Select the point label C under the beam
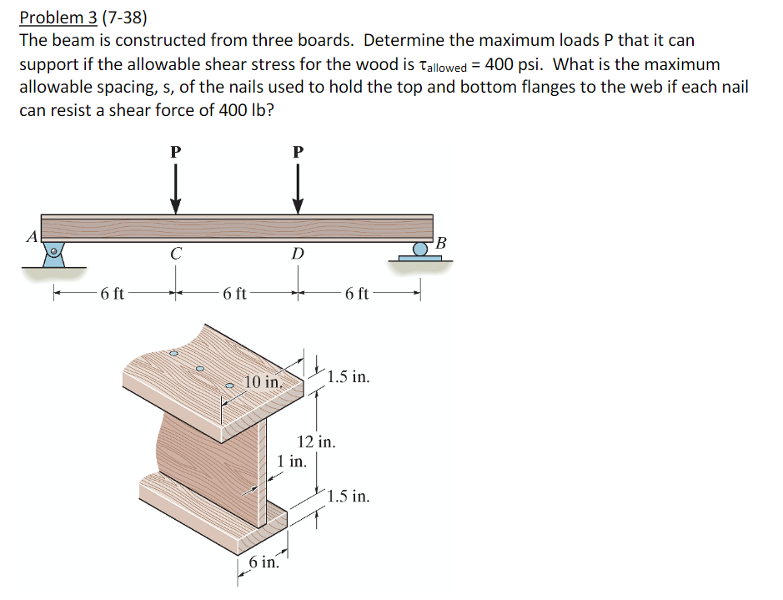175,254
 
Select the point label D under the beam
298,254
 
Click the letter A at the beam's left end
31,236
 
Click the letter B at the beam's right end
442,243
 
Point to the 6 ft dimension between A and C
112,293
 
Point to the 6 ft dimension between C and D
234,293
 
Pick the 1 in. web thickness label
291,460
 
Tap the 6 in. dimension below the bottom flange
264,562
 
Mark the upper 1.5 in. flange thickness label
349,376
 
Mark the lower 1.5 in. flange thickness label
349,497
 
